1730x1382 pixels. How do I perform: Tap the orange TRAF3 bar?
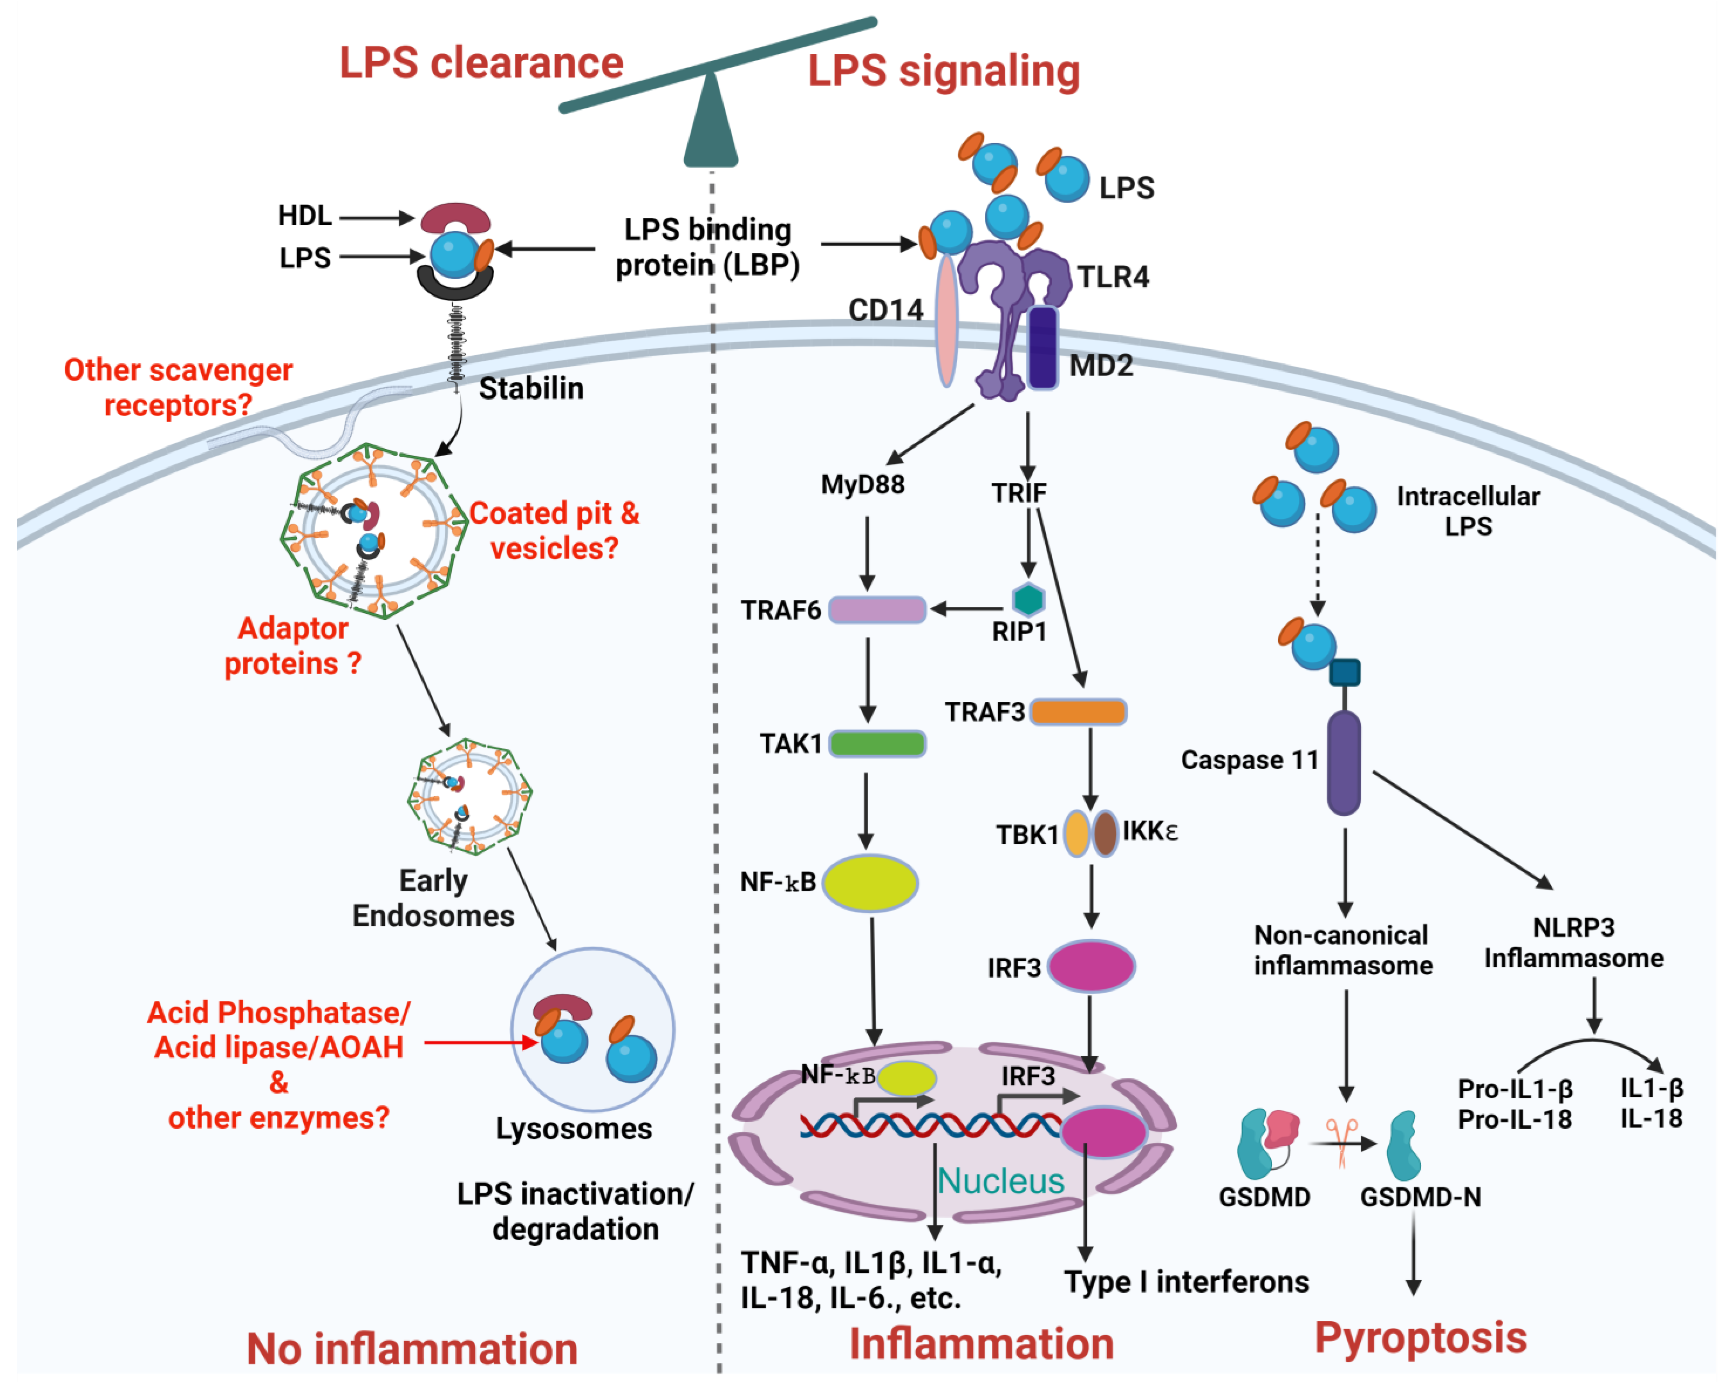[1078, 711]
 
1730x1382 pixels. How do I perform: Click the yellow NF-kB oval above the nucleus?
[870, 882]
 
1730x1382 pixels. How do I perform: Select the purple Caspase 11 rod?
[1343, 762]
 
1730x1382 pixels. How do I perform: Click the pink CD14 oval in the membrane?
[947, 321]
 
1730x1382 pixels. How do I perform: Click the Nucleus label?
[1001, 1181]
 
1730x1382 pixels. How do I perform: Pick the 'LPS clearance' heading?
[482, 62]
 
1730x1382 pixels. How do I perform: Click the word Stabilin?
[531, 388]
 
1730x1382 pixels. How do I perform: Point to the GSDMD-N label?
[1420, 1197]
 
